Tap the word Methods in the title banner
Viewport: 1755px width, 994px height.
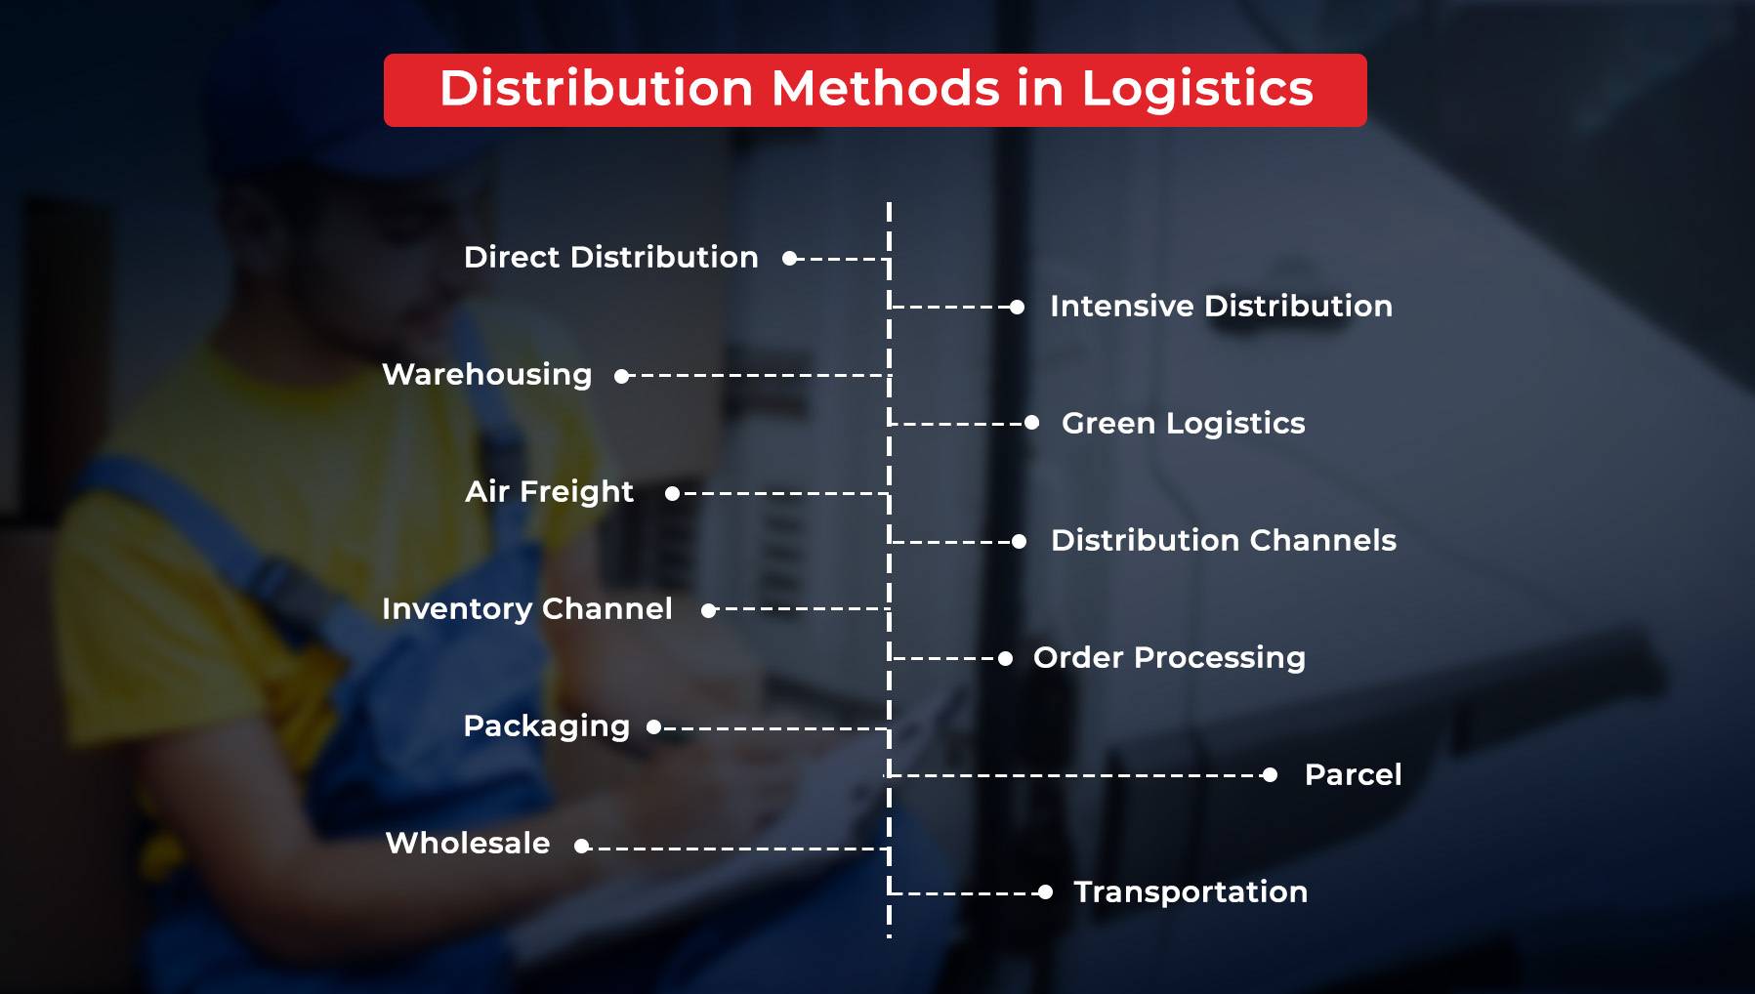pos(885,89)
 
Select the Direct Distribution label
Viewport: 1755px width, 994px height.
pos(610,257)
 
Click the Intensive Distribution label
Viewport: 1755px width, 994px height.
pos(1221,306)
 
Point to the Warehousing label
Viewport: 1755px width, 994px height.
pos(486,374)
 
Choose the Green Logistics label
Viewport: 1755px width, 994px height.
pos(1183,423)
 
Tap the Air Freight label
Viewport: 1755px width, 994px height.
pos(549,491)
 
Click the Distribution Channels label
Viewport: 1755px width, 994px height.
pos(1223,540)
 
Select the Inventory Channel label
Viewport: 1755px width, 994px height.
pos(526,608)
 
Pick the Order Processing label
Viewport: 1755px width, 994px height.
pos(1169,657)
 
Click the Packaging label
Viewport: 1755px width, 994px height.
pos(546,725)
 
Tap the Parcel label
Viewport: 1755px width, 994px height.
pos(1353,774)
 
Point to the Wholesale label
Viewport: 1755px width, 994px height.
pos(468,843)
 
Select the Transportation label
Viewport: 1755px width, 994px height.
pos(1191,891)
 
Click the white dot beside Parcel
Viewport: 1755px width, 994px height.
pos(1270,775)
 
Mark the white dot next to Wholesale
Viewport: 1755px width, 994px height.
pos(582,847)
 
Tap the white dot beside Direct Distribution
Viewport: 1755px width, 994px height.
pos(789,259)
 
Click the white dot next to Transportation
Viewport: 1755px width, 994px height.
pos(1045,892)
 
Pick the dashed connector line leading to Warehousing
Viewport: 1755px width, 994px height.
pos(757,375)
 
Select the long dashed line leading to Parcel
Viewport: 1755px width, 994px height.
pos(1074,775)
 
